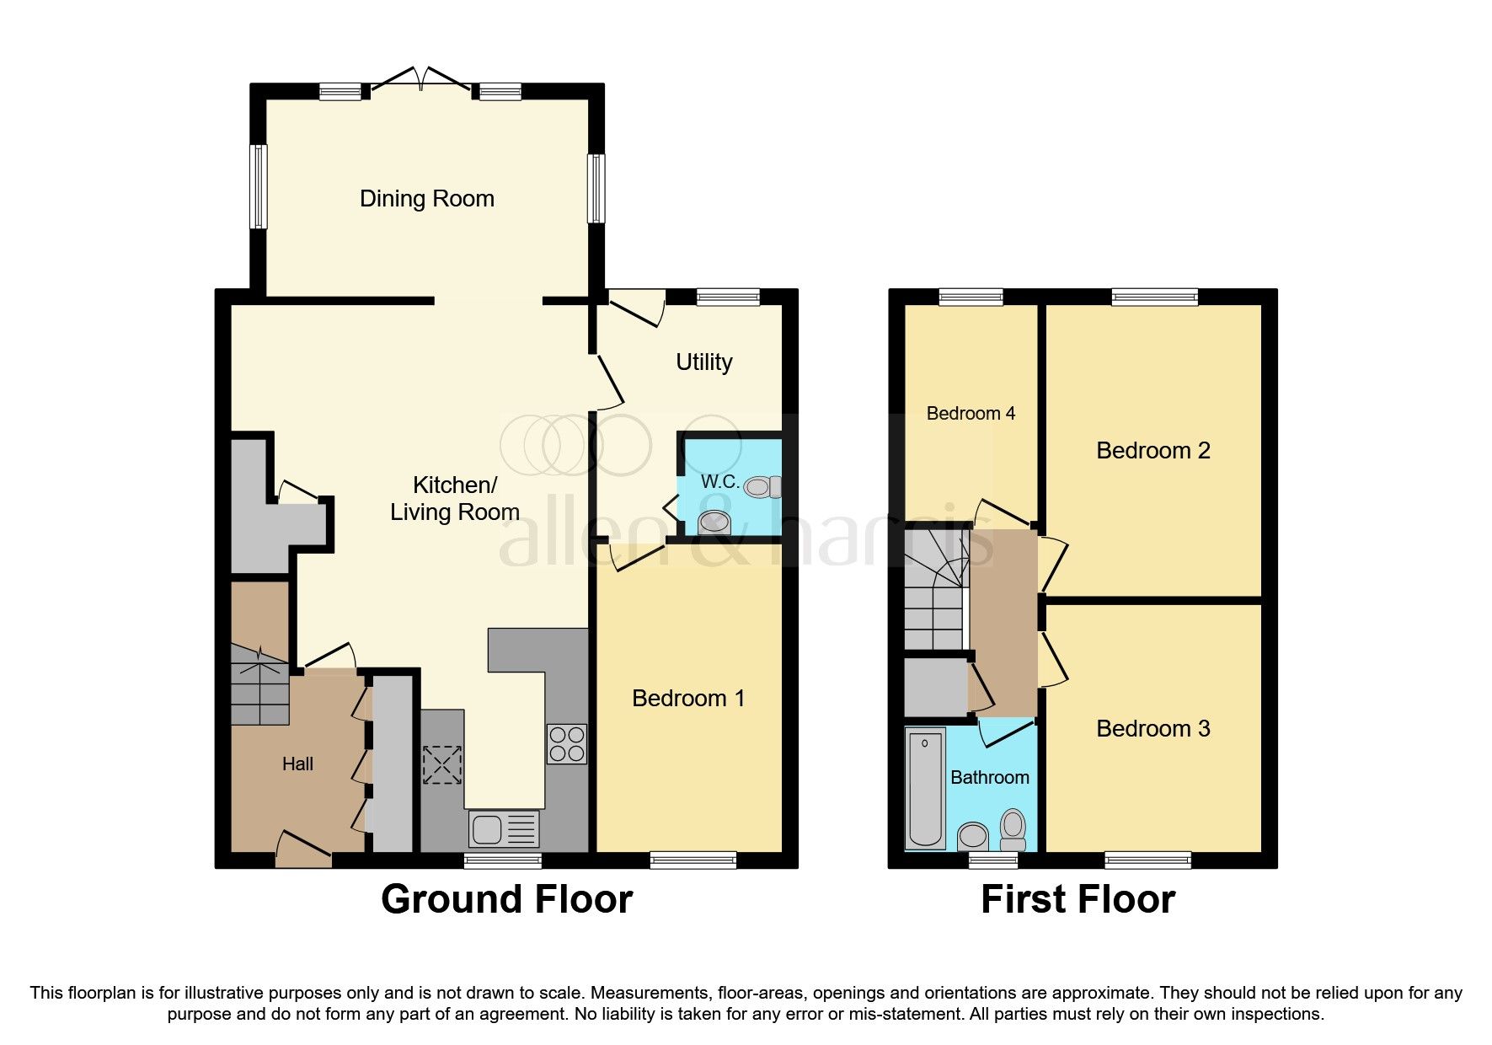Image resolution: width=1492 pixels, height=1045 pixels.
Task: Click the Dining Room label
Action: [426, 199]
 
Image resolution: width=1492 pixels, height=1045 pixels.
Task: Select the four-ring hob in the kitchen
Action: [566, 743]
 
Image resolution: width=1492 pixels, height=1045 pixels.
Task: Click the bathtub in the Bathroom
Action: [925, 788]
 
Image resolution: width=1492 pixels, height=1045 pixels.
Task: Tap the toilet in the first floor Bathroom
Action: [1013, 828]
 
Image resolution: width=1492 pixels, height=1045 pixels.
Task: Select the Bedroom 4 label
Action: [970, 413]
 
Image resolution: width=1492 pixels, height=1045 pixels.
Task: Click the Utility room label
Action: [703, 362]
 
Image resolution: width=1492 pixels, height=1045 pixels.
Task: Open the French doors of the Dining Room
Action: [421, 78]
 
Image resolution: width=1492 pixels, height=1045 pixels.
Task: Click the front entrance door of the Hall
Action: [303, 849]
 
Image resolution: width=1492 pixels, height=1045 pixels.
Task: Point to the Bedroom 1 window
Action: [693, 860]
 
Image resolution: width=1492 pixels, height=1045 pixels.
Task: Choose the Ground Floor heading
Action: [506, 899]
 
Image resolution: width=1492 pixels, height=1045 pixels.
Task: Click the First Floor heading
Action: [1077, 899]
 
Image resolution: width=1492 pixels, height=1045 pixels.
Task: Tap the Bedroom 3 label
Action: [1152, 729]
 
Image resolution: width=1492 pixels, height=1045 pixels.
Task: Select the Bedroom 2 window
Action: [1154, 296]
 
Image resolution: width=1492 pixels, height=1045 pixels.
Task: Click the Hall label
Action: [297, 764]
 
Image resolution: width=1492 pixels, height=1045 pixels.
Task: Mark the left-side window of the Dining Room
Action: [259, 186]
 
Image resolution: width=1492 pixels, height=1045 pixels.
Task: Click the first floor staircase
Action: [934, 590]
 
